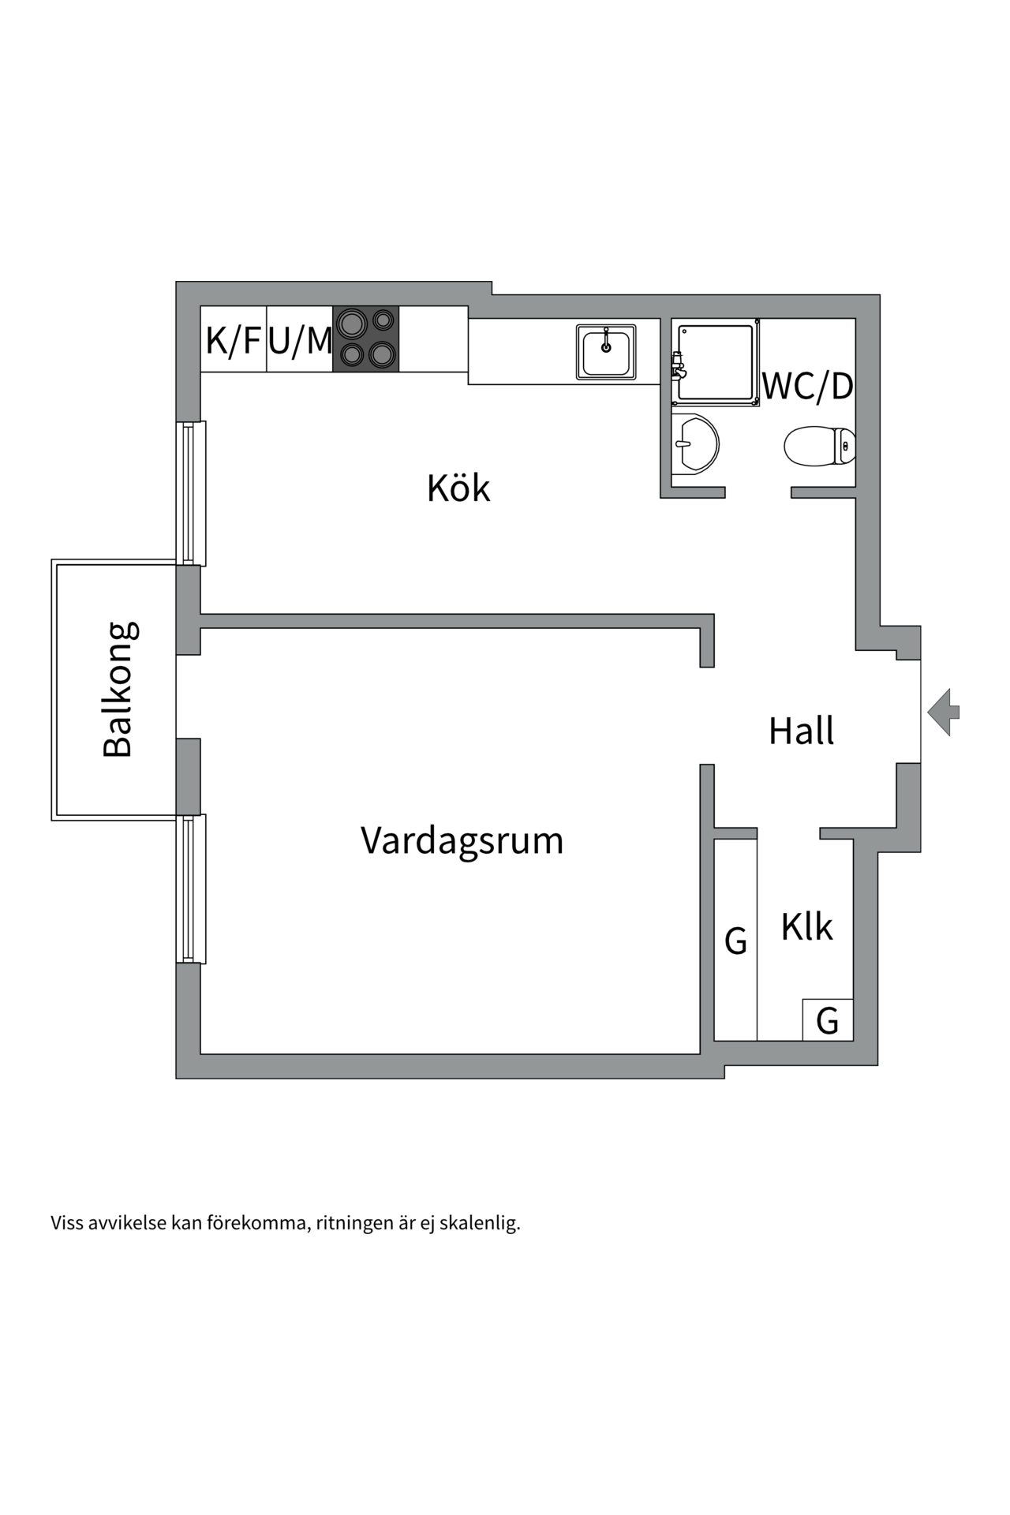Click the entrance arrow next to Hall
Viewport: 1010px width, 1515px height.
(x=943, y=712)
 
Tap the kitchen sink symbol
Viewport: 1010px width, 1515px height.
(x=606, y=352)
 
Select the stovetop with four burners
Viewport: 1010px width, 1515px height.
(x=366, y=339)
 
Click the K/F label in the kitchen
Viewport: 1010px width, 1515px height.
(x=233, y=340)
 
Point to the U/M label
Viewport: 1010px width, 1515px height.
(x=300, y=340)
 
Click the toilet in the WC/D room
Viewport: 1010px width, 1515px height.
(x=819, y=446)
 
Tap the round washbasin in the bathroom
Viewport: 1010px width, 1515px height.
(x=696, y=444)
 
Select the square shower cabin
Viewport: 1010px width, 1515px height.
(x=716, y=362)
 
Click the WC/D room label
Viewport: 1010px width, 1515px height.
(x=808, y=387)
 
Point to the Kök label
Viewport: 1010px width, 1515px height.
(x=458, y=488)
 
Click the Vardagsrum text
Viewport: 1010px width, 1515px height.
(x=462, y=840)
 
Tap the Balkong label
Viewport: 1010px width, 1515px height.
(x=118, y=690)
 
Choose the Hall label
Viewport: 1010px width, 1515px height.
(x=801, y=731)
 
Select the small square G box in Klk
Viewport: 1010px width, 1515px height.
(x=827, y=1020)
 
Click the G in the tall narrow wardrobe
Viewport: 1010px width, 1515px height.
(x=735, y=941)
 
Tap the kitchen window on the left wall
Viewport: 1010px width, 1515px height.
(x=189, y=493)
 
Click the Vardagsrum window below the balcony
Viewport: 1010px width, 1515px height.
(x=189, y=888)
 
